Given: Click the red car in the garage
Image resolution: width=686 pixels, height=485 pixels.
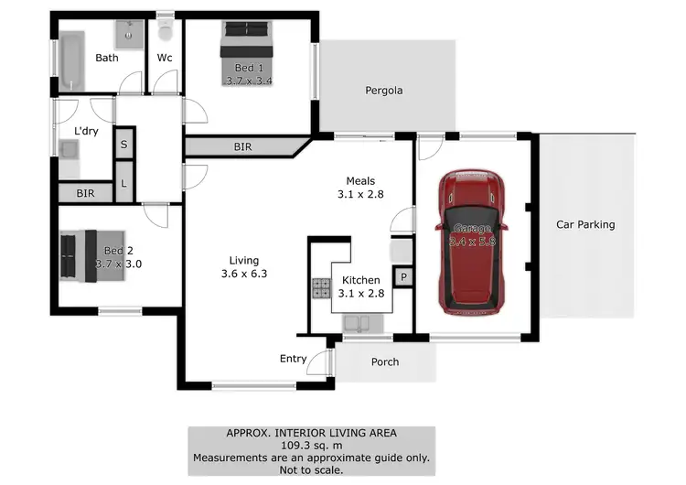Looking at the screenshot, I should point(472,242).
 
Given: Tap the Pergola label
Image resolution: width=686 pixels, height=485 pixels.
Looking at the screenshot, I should point(384,91).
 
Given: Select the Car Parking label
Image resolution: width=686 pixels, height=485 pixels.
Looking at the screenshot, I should point(585,224).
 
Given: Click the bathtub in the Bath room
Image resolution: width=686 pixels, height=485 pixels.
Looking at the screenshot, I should point(70,59).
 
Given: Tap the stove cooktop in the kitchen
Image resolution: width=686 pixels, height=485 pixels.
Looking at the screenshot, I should point(322,288).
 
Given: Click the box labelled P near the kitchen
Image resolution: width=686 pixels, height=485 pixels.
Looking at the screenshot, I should point(402,276).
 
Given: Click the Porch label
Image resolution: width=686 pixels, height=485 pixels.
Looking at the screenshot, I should point(385,361).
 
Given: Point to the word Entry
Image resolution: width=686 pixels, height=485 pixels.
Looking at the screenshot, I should point(293,359).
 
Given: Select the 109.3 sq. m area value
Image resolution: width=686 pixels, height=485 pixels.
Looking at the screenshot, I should point(311,446).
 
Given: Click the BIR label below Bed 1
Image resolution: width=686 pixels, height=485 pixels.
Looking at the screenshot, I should point(244,145).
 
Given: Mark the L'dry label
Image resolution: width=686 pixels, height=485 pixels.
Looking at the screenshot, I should point(86,132).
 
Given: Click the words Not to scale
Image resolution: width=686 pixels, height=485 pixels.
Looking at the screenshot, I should point(311,469).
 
